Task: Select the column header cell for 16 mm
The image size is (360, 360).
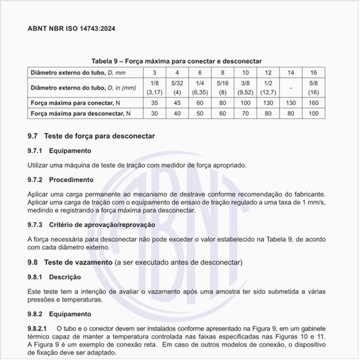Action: coord(314,72)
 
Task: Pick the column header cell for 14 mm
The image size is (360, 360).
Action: coord(291,72)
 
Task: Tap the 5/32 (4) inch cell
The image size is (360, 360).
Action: coord(177,88)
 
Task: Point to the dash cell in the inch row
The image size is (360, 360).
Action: coord(291,88)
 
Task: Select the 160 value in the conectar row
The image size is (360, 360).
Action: coord(314,103)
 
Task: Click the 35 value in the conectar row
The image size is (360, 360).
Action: coord(154,103)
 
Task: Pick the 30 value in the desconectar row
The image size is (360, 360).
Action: coord(154,115)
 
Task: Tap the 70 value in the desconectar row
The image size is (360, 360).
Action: coord(245,115)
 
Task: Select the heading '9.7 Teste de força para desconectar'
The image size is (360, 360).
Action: coord(91,136)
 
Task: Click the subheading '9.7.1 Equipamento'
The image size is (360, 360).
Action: coord(60,151)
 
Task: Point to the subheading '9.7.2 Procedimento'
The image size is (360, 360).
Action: coord(61,179)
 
